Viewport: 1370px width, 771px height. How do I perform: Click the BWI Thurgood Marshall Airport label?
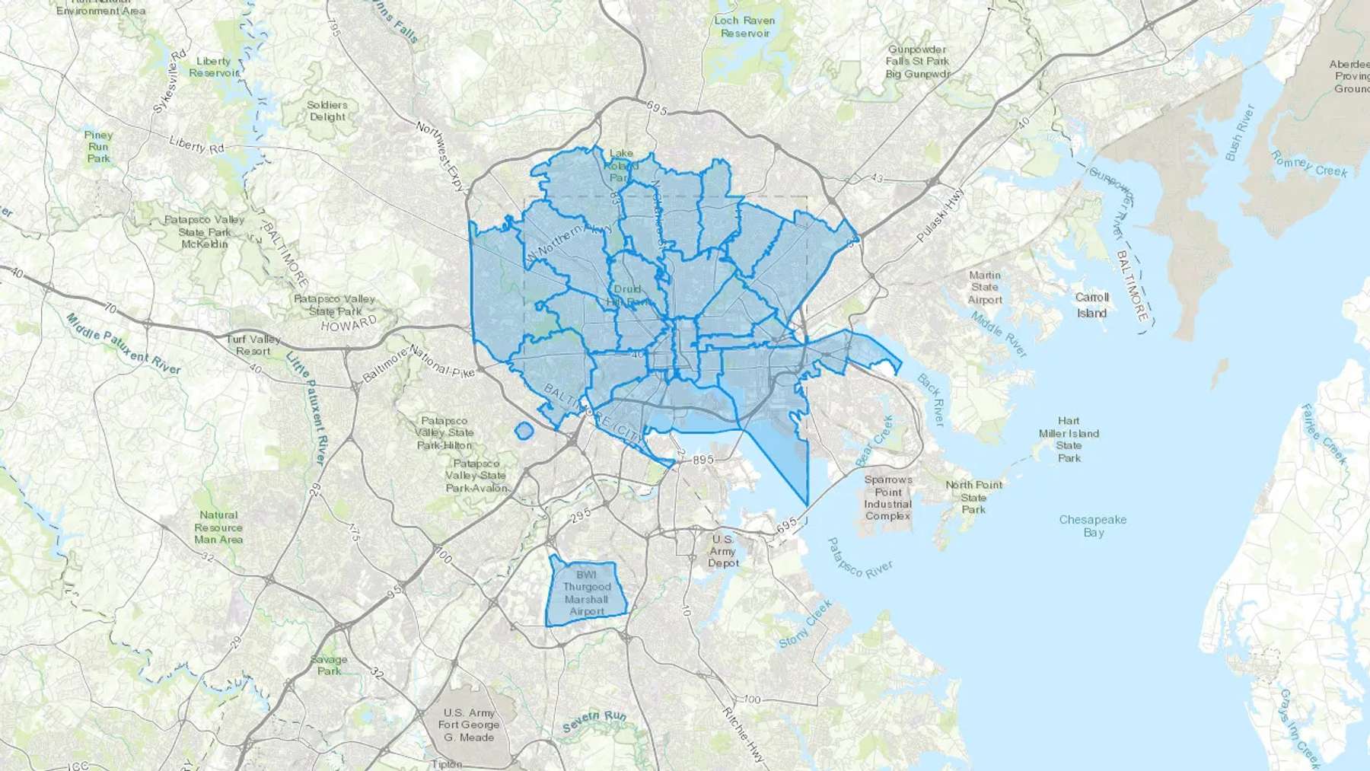587,593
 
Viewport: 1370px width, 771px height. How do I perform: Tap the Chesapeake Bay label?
1094,526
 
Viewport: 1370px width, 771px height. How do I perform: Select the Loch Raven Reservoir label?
745,27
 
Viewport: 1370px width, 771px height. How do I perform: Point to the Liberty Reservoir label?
213,67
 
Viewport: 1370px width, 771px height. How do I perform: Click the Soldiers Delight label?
327,111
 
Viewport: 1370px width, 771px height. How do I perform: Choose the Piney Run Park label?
98,147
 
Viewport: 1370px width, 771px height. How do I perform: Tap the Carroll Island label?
1091,304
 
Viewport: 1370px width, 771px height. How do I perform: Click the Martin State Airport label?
984,287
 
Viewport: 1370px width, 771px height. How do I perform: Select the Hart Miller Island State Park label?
1069,439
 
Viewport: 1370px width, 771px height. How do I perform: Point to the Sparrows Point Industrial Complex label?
887,498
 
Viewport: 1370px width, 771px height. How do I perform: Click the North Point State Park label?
973,497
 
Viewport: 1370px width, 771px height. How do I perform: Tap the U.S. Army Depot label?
723,550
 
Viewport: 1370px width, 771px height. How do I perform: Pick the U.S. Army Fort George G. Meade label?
470,725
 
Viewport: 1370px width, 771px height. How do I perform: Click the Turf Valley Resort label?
253,345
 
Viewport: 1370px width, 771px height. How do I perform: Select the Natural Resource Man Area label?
218,527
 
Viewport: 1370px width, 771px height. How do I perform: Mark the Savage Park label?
329,665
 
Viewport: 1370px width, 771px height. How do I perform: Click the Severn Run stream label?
594,721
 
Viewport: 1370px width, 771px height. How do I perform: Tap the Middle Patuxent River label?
123,344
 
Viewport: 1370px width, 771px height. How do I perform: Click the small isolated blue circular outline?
523,431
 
